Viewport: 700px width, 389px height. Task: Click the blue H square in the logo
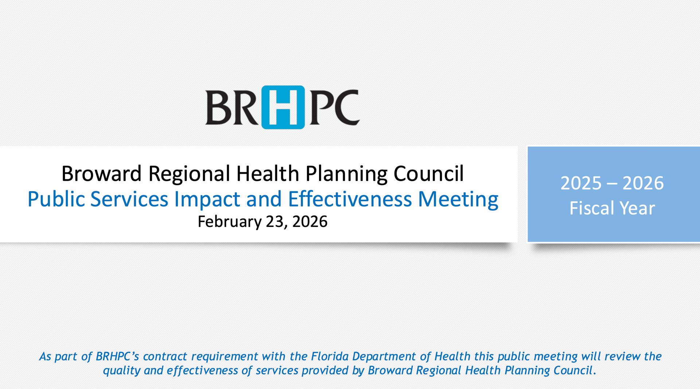[283, 107]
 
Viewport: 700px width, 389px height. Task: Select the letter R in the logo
[245, 108]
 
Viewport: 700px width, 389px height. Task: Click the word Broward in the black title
[101, 174]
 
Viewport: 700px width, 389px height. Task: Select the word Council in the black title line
[428, 174]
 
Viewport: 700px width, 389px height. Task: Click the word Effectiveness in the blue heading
[350, 199]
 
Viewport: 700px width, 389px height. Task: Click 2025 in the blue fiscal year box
[581, 183]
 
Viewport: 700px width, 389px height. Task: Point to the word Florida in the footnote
[330, 356]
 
